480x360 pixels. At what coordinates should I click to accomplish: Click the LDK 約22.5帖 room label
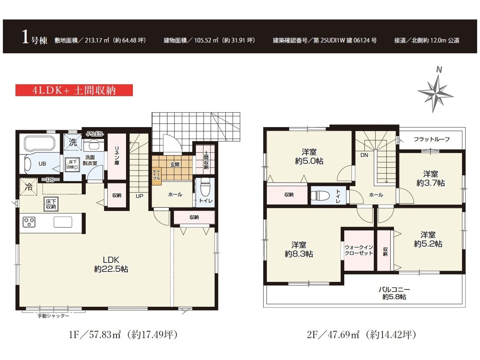point(111,264)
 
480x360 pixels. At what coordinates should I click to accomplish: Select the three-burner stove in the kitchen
point(29,222)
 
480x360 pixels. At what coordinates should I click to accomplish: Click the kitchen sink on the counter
point(63,222)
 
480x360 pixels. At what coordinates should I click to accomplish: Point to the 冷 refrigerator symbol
point(28,187)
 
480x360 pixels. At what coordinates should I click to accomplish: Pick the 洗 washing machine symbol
point(73,142)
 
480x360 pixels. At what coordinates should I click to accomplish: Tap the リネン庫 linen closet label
point(117,155)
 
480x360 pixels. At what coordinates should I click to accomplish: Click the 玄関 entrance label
point(175,165)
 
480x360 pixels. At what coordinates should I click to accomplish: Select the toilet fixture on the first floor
point(205,187)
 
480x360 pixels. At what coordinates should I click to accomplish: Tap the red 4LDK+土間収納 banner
point(74,90)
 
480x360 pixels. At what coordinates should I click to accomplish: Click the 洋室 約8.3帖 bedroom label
point(299,249)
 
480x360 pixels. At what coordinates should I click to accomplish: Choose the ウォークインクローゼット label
point(358,250)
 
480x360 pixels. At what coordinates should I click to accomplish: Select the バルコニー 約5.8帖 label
point(394,293)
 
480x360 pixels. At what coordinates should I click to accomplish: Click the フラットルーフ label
point(432,139)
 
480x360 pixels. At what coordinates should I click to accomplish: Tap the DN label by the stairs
point(364,155)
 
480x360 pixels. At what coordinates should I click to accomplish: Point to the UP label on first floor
point(139,196)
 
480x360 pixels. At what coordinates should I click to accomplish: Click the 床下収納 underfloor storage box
point(51,204)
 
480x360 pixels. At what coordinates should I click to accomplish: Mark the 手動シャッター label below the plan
point(53,316)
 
